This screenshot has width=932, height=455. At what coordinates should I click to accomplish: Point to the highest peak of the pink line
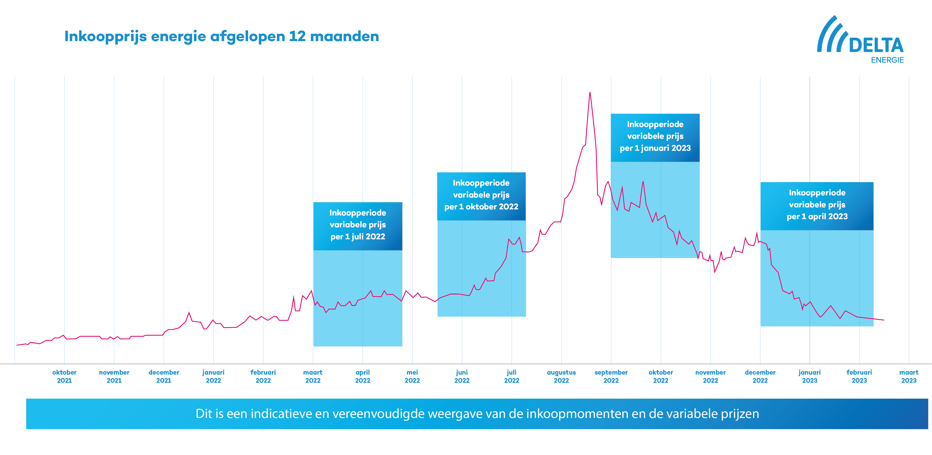pyautogui.click(x=590, y=93)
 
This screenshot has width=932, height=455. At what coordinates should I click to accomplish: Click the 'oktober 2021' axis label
pyautogui.click(x=64, y=376)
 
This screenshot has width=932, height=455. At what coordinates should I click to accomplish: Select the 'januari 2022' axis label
pyautogui.click(x=213, y=376)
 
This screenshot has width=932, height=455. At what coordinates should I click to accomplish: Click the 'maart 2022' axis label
pyautogui.click(x=312, y=376)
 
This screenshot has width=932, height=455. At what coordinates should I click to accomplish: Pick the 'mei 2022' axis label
pyautogui.click(x=412, y=376)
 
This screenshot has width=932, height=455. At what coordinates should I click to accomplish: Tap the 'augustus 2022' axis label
pyautogui.click(x=561, y=376)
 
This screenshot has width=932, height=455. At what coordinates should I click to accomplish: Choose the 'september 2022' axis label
pyautogui.click(x=611, y=376)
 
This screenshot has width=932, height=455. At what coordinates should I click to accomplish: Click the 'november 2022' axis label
pyautogui.click(x=710, y=376)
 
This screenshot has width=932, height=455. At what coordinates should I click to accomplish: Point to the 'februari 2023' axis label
pyautogui.click(x=859, y=376)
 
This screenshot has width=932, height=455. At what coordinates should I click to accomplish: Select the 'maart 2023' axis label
pyautogui.click(x=909, y=376)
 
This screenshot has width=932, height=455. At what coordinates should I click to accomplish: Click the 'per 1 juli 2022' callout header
pyautogui.click(x=357, y=226)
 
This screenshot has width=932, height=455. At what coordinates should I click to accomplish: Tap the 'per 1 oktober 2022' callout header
pyautogui.click(x=481, y=196)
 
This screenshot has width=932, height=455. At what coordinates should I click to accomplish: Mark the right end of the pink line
pyautogui.click(x=884, y=320)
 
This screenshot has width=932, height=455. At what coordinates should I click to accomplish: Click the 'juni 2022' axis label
pyautogui.click(x=462, y=376)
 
